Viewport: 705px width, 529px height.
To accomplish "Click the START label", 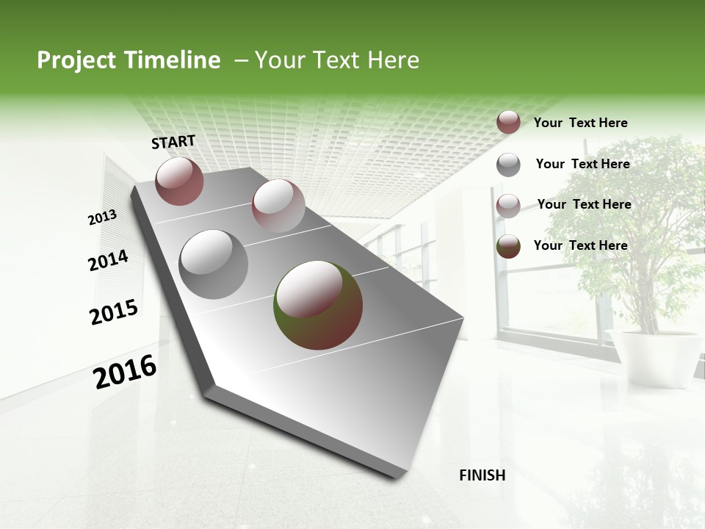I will point(173,142).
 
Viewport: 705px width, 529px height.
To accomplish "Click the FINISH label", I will point(482,475).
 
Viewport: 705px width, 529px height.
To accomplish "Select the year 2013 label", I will point(102,217).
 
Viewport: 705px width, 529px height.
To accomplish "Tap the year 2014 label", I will point(109,261).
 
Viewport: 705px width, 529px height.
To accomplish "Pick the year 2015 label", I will point(114,312).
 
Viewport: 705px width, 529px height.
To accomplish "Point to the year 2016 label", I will point(126,372).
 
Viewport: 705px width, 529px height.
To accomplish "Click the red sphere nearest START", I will point(179,181).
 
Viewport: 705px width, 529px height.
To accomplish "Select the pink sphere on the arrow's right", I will point(278,206).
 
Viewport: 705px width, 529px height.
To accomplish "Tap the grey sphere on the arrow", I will point(214,264).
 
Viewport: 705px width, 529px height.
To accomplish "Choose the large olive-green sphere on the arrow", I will point(318,305).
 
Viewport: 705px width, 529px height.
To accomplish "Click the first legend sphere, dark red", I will point(508,122).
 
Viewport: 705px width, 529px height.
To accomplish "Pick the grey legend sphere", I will point(508,165).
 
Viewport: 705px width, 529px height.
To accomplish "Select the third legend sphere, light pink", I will point(508,206).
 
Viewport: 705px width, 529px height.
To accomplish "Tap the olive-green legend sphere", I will point(508,247).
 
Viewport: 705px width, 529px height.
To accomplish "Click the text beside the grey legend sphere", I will point(582,164).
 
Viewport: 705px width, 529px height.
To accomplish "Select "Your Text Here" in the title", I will point(337,60).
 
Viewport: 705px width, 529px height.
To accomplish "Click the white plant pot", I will point(653,356).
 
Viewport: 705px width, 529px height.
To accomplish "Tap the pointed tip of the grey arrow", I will point(400,476).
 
